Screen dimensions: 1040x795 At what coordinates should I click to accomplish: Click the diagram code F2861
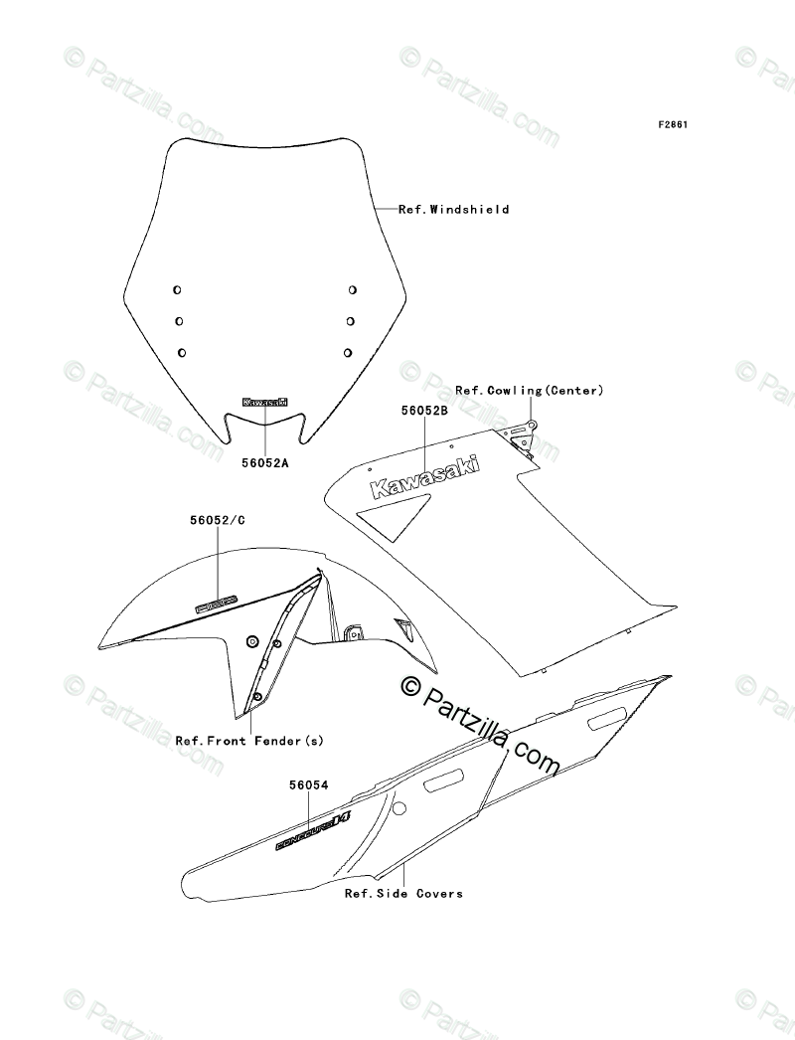[673, 125]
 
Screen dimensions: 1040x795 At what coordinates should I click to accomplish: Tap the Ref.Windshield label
[453, 210]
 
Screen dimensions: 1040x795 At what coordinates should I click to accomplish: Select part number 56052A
[265, 462]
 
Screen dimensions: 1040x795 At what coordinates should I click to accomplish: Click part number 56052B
[425, 409]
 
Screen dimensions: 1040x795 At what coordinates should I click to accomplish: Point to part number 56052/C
[217, 519]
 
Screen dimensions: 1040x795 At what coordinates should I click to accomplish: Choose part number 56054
[308, 785]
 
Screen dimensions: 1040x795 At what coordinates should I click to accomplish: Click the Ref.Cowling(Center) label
[529, 391]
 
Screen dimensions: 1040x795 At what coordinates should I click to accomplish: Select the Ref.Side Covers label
[403, 893]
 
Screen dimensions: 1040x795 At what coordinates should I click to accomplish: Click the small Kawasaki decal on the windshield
[265, 403]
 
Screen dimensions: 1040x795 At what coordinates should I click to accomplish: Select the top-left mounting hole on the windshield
[177, 289]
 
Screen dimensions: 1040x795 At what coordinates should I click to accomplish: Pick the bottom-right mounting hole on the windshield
[349, 352]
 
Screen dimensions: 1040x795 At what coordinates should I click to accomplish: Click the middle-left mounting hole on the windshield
[179, 321]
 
